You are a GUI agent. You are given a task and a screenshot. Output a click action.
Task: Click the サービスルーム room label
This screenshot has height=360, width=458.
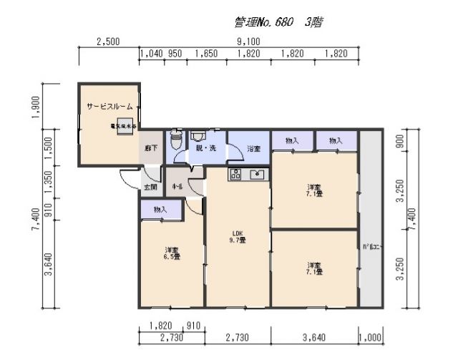point(109,106)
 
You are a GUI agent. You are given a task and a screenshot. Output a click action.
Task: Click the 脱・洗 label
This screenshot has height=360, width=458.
point(206,148)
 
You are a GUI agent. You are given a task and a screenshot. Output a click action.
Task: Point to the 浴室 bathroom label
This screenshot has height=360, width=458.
point(253,148)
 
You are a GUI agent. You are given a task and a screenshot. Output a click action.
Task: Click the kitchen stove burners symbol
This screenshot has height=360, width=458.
point(237,174)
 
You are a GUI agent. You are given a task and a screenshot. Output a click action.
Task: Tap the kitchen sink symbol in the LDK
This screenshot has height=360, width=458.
point(256,174)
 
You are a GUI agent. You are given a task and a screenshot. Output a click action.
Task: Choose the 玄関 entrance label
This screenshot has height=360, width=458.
point(150,187)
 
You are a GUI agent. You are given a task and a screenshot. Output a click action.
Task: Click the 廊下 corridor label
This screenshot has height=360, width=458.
point(151,149)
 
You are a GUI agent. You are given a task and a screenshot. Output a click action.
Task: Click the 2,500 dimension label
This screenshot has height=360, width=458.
point(107,42)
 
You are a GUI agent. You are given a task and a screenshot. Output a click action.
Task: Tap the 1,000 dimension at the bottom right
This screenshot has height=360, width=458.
point(371,336)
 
